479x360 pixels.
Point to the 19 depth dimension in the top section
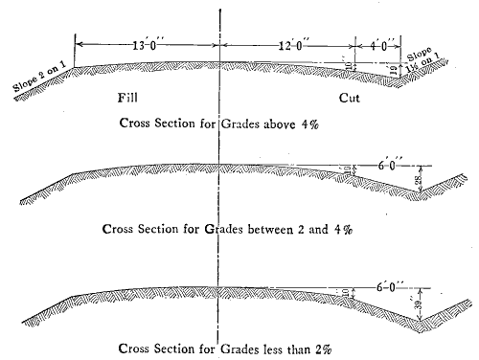[x=395, y=70]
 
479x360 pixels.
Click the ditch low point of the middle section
[x=421, y=196]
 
